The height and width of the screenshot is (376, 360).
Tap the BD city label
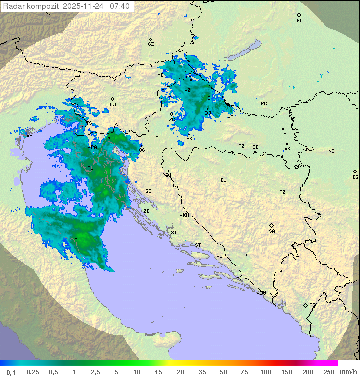click(299, 21)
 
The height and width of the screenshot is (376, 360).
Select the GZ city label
click(151, 44)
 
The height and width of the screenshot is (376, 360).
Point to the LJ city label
click(113, 104)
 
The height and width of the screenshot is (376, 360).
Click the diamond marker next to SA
click(272, 225)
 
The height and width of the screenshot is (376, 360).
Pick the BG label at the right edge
click(355, 177)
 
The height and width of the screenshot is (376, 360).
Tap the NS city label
click(331, 151)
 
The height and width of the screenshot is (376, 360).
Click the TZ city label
click(283, 192)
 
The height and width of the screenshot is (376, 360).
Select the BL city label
click(223, 180)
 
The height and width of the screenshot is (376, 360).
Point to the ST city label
click(198, 245)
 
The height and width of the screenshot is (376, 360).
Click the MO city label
click(251, 254)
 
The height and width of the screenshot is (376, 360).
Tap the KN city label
click(186, 215)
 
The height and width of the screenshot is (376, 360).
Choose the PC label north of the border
click(264, 103)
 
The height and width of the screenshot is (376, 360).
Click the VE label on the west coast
click(29, 135)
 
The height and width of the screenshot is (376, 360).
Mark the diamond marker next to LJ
click(113, 99)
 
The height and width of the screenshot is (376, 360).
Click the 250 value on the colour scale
click(329, 372)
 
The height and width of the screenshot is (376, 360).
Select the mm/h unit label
click(348, 372)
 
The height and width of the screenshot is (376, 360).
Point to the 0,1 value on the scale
click(11, 372)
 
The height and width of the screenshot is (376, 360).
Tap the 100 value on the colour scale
click(265, 372)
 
